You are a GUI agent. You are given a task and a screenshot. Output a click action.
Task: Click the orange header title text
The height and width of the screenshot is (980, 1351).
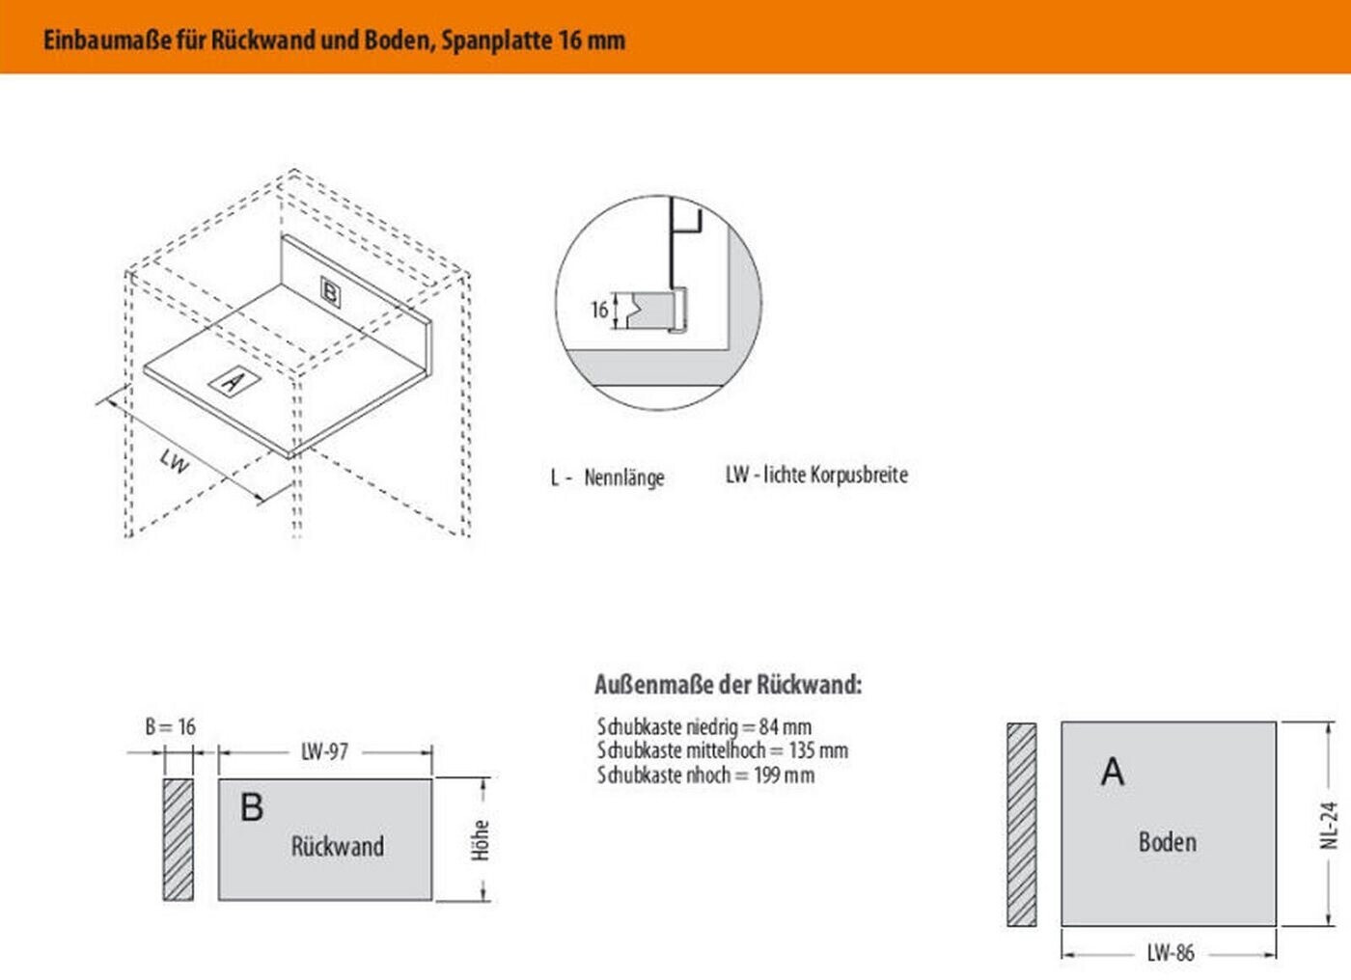pos(334,41)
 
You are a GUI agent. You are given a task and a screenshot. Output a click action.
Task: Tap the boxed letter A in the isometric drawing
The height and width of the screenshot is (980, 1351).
pos(233,381)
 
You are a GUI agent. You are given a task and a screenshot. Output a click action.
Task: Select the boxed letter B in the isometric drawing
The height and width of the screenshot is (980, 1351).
pos(330,291)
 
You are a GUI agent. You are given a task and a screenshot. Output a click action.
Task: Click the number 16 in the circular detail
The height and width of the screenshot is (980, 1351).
pos(599,310)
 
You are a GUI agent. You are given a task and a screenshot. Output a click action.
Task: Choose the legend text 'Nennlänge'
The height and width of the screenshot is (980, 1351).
pos(623,477)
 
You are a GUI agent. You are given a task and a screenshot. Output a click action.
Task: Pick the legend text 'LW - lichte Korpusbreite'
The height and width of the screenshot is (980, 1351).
pos(816,475)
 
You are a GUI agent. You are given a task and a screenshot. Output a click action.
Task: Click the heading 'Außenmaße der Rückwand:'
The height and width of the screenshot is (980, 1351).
pos(728,685)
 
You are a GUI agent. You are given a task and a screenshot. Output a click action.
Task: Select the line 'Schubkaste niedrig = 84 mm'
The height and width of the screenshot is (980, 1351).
pos(703,726)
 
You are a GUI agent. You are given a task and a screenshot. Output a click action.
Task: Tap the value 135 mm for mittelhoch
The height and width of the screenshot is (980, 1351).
pos(818,750)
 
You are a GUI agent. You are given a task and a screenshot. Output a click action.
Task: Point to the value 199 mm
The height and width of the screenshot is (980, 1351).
pos(784,776)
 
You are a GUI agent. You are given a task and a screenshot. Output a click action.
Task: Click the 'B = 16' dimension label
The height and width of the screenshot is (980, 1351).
pos(170,726)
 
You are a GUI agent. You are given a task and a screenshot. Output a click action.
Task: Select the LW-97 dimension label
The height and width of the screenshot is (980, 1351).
pos(324,751)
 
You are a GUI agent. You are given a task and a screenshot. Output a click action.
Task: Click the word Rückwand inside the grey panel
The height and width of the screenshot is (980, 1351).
pos(338,847)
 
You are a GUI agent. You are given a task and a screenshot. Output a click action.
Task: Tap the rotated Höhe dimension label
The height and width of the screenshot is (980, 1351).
pos(481,840)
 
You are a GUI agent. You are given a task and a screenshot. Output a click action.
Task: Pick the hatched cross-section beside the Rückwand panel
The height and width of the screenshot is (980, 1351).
pos(178,839)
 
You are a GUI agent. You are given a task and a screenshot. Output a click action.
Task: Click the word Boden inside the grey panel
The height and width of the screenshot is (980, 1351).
pos(1168,842)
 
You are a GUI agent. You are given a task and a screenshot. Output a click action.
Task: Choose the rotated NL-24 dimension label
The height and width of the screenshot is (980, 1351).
pos(1330,825)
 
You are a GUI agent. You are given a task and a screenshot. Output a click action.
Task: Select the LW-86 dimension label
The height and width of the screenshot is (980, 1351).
pos(1171,953)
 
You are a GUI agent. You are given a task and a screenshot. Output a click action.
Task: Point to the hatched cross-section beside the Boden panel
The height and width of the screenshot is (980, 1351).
pos(1021,825)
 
